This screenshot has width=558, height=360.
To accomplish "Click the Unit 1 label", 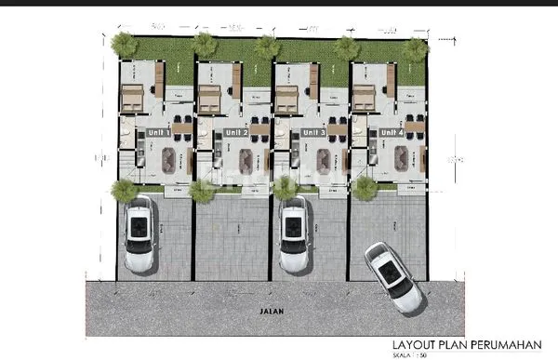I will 159,133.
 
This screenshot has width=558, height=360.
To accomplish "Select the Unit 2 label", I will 236,133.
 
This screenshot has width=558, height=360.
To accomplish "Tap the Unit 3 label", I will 314,133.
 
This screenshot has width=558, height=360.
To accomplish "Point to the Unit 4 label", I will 392,133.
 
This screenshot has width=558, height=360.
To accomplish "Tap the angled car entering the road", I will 392,276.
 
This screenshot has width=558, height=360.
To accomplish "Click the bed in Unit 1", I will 132,96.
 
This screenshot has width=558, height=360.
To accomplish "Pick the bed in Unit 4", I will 364,96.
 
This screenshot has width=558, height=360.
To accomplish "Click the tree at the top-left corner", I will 122,44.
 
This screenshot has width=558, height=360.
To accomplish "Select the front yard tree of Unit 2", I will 202,191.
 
